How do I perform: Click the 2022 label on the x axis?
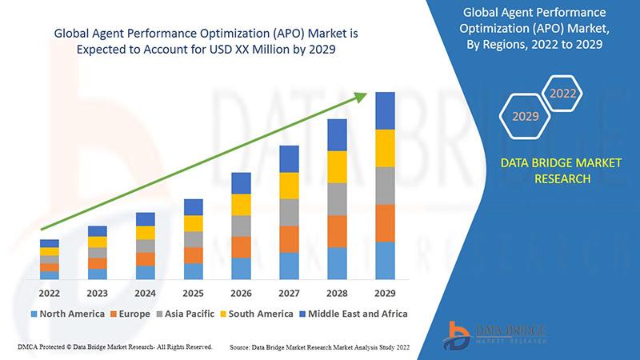click(x=49, y=293)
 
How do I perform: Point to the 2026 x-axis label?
click(x=241, y=293)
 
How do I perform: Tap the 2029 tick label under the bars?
click(x=386, y=293)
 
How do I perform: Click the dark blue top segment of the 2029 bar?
click(x=386, y=110)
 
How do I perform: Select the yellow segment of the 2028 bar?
click(x=338, y=166)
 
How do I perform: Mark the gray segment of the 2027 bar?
click(x=289, y=212)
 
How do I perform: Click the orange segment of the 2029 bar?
click(x=386, y=223)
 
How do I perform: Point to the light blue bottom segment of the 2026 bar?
click(x=241, y=269)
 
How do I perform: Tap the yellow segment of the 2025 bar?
click(x=193, y=224)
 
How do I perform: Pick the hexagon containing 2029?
click(x=525, y=117)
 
